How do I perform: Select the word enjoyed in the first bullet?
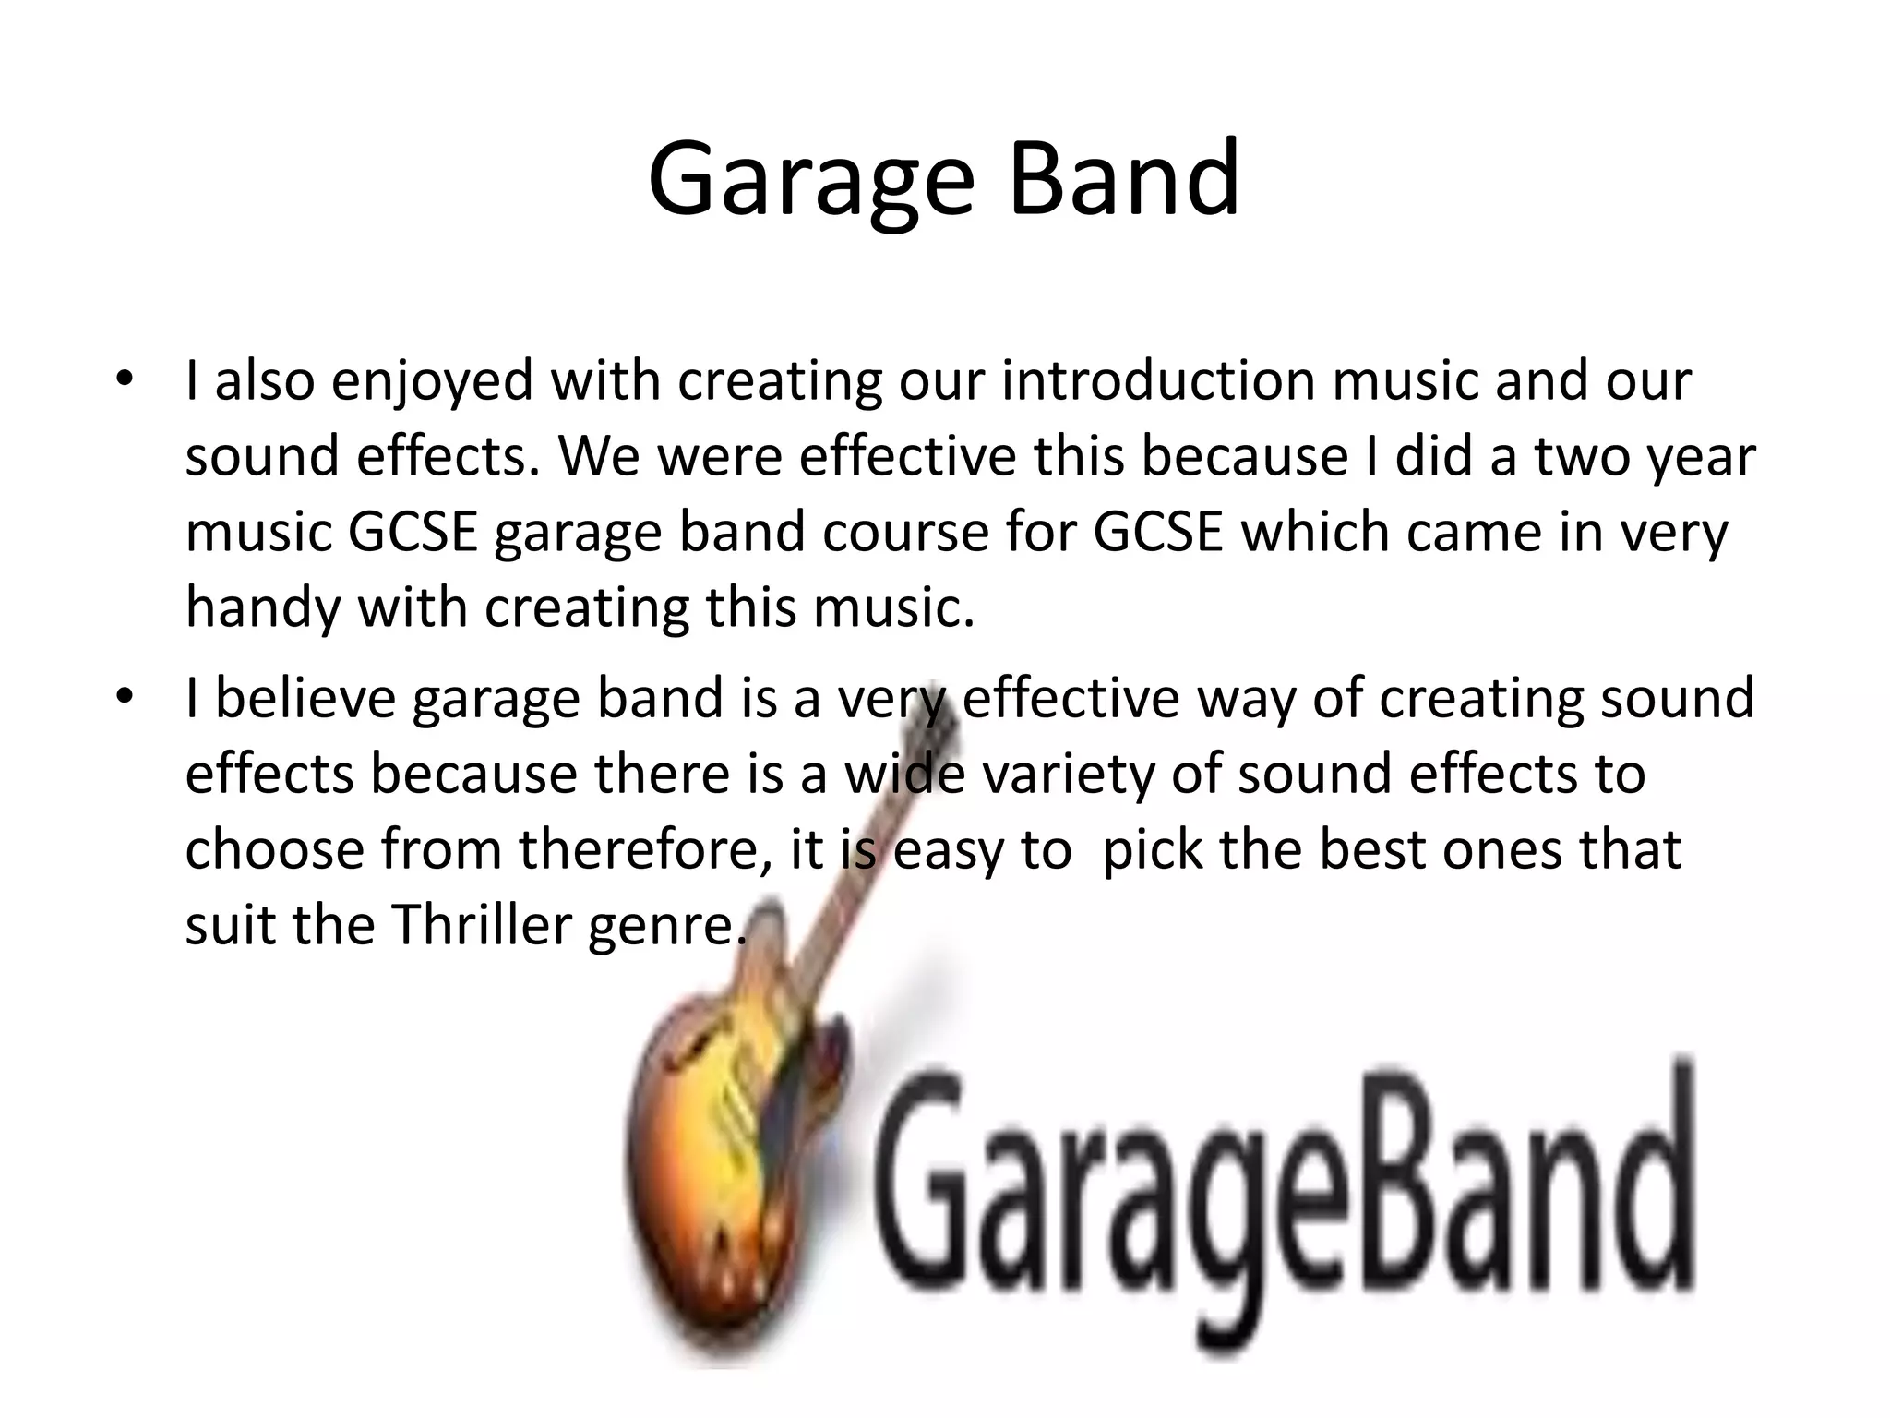(x=432, y=380)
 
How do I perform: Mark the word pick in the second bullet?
(x=1153, y=849)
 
